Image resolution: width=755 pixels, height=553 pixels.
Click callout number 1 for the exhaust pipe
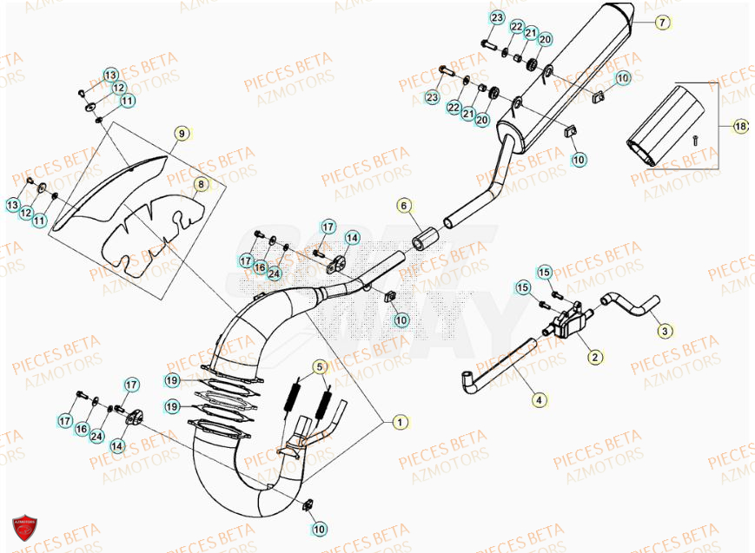[400, 422]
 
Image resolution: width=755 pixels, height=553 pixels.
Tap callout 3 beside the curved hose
[664, 330]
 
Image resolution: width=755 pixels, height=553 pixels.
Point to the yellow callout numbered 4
[539, 400]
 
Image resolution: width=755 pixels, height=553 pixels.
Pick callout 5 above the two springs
[319, 366]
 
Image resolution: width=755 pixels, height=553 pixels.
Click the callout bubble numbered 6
[404, 206]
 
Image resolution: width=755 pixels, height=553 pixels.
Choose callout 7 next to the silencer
[662, 23]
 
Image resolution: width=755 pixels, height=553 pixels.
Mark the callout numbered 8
[200, 184]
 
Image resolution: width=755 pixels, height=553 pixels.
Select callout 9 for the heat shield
[181, 134]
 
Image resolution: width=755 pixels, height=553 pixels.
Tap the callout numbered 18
[739, 127]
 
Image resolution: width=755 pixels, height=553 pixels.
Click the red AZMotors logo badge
[24, 529]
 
